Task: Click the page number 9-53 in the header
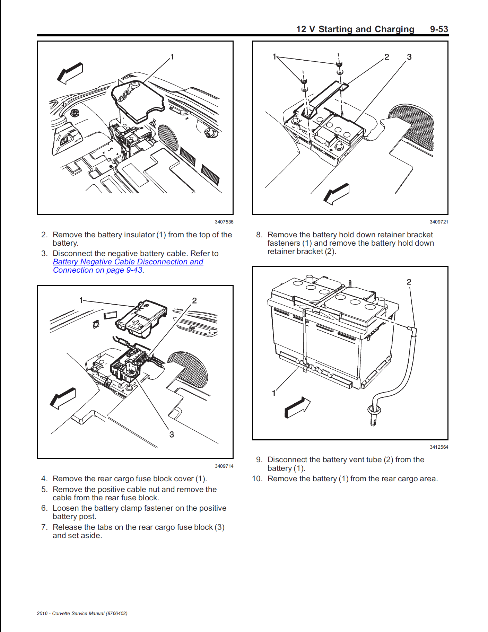[x=439, y=29]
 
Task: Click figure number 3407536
[x=224, y=222]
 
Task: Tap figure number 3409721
[x=439, y=222]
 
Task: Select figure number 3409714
[x=224, y=466]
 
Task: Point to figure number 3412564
[x=439, y=447]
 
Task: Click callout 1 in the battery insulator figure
[x=172, y=57]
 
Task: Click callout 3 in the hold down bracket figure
[x=409, y=57]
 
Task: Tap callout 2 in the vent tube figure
[x=409, y=282]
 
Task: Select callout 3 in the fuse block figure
[x=172, y=434]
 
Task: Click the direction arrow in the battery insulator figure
[x=70, y=73]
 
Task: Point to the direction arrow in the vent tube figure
[x=297, y=408]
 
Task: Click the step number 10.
[x=257, y=479]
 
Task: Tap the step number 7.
[x=44, y=527]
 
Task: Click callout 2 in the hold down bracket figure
[x=387, y=57]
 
